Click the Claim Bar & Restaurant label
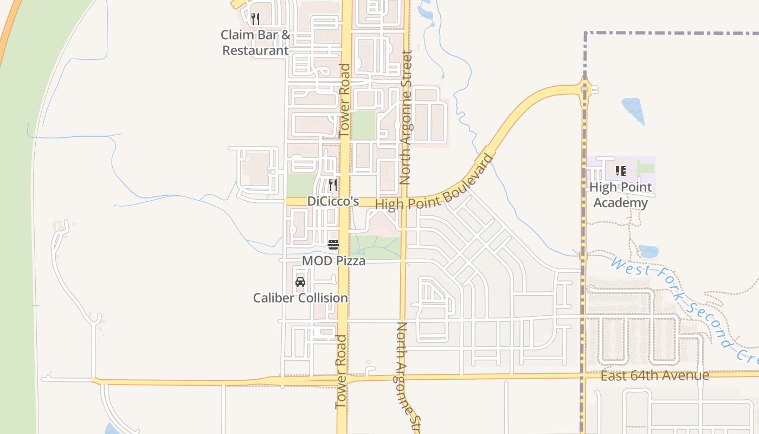click(255, 43)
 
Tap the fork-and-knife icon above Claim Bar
click(255, 19)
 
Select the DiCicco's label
click(333, 201)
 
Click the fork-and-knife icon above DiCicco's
click(333, 185)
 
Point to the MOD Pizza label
click(333, 261)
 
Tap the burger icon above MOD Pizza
click(333, 244)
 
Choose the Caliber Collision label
click(300, 298)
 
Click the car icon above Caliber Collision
click(300, 282)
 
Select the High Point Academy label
click(620, 195)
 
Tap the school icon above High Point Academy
click(621, 171)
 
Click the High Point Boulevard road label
click(435, 184)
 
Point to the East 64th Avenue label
click(655, 375)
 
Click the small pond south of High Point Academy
click(648, 252)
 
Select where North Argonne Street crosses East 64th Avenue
click(403, 377)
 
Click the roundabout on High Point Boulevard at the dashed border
click(585, 88)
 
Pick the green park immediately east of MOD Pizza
click(374, 246)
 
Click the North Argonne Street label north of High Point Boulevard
click(406, 117)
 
